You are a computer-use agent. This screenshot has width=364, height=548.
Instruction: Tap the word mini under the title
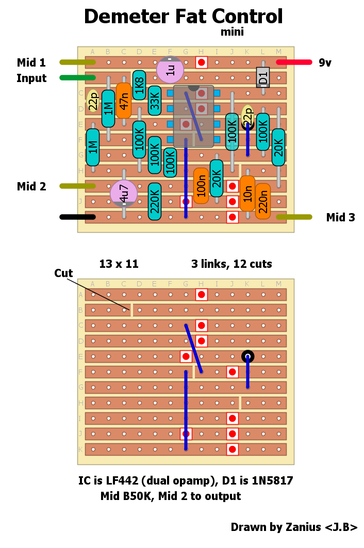point(232,32)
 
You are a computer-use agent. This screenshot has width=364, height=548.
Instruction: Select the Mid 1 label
point(31,63)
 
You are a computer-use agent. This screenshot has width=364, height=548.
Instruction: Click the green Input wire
point(77,78)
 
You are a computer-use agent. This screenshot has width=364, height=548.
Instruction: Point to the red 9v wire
point(294,62)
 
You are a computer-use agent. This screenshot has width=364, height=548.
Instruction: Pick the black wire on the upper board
point(77,217)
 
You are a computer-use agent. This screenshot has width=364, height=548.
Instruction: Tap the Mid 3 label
point(340,218)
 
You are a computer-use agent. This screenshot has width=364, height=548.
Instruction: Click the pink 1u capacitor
point(170,70)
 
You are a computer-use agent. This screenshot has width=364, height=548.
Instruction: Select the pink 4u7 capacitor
point(124,194)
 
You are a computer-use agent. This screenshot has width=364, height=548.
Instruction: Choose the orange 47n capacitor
point(124,101)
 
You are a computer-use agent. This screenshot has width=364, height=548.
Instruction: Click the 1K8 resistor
point(139,85)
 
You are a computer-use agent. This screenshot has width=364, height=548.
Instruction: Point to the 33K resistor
point(155,101)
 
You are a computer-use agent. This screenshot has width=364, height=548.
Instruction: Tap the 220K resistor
point(155,202)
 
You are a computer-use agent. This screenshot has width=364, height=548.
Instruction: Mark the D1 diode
point(263,77)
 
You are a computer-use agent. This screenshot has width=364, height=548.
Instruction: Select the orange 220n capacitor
point(263,201)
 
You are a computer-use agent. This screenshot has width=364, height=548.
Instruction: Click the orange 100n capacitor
point(201,186)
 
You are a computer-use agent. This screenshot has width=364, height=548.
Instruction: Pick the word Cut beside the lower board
point(63,273)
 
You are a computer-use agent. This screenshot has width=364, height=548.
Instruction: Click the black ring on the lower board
point(247,356)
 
